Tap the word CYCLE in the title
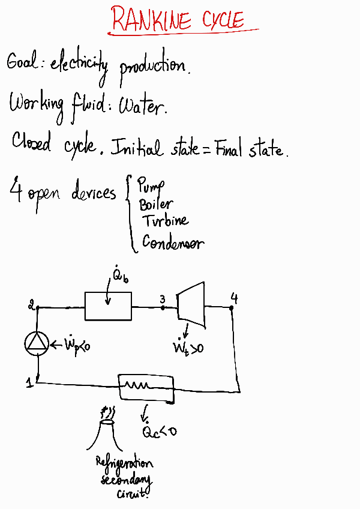tap(223, 21)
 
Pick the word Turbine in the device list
tap(165, 221)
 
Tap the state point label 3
tap(162, 298)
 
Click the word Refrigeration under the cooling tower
tap(124, 463)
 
